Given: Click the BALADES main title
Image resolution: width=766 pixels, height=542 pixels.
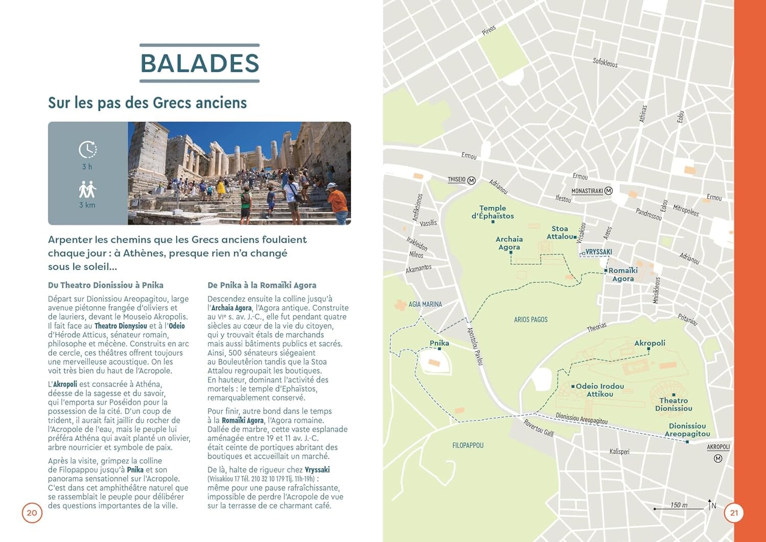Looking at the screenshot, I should tap(200, 63).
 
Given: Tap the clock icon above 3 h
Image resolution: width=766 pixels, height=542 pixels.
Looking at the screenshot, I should tap(87, 150).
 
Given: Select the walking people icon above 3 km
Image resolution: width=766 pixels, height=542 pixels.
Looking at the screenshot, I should tap(87, 189).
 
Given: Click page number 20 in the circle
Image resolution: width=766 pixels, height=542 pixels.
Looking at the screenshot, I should tap(32, 513).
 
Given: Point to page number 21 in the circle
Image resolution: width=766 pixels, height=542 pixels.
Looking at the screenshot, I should tap(734, 513).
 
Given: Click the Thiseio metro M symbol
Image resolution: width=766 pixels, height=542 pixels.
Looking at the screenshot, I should tap(471, 180).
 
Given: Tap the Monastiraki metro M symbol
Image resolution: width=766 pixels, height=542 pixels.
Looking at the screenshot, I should tap(608, 191).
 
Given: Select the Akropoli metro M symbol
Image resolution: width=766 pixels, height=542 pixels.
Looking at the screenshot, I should tap(718, 458).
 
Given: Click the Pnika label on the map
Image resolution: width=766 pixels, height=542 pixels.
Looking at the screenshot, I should tap(439, 343).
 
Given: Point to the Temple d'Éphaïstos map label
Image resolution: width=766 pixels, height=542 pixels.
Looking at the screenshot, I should tap(493, 212).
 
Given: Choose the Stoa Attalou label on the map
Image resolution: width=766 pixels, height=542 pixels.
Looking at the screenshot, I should tap(561, 232).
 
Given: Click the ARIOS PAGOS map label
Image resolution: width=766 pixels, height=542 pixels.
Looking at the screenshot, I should tap(531, 319).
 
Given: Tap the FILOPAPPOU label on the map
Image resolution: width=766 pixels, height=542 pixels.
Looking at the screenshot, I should tap(468, 446).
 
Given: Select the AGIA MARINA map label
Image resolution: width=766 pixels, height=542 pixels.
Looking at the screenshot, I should tap(425, 304).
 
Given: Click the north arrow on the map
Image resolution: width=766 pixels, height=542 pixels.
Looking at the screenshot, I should tap(710, 505).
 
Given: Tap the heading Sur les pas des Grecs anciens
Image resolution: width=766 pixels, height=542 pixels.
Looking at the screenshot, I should tap(147, 103).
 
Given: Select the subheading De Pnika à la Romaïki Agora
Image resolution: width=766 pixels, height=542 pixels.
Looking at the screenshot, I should tap(261, 285).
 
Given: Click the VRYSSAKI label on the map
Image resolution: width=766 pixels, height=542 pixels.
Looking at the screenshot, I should tap(599, 252).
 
